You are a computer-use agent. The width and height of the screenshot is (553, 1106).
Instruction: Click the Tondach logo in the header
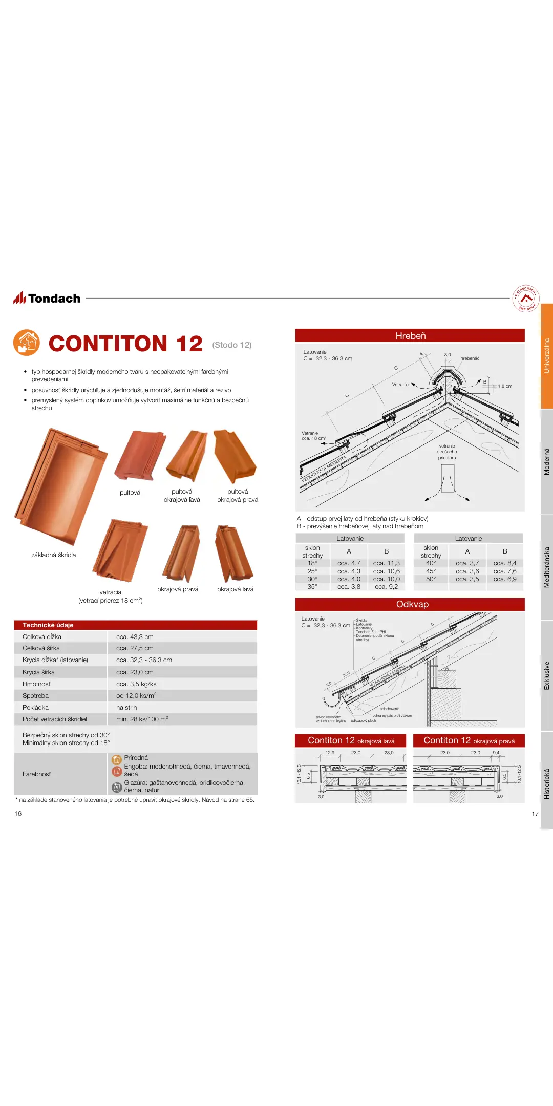pyautogui.click(x=47, y=298)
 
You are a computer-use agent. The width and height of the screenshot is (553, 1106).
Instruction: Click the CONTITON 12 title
pyautogui.click(x=126, y=344)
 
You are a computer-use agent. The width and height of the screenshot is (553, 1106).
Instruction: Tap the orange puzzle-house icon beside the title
pyautogui.click(x=27, y=343)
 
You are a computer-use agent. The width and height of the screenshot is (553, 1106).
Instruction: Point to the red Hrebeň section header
pyautogui.click(x=410, y=336)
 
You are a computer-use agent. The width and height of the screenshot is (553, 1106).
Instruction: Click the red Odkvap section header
pyautogui.click(x=410, y=604)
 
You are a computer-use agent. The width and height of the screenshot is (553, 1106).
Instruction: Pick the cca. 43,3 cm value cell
pyautogui.click(x=135, y=637)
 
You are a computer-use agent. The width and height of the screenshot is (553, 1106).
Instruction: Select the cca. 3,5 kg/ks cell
pyautogui.click(x=136, y=684)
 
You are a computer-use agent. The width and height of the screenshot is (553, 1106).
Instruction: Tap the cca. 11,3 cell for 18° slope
pyautogui.click(x=386, y=563)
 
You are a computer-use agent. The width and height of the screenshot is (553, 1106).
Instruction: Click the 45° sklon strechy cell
pyautogui.click(x=431, y=571)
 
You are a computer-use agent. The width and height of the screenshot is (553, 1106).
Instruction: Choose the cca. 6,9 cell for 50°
pyautogui.click(x=504, y=579)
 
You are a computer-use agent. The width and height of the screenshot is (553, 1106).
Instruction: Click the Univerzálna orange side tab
pyautogui.click(x=546, y=356)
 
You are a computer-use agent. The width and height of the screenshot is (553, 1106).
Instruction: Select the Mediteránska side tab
pyautogui.click(x=546, y=567)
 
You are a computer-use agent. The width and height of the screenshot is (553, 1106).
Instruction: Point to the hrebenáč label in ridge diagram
pyautogui.click(x=470, y=358)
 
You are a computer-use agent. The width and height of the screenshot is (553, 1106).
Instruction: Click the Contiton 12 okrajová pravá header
pyautogui.click(x=469, y=741)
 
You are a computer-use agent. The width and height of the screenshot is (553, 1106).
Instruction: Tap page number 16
pyautogui.click(x=18, y=814)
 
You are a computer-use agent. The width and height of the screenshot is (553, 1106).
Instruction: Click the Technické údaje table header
pyautogui.click(x=48, y=625)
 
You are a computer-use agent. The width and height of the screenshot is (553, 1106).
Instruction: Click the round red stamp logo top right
pyautogui.click(x=525, y=299)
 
